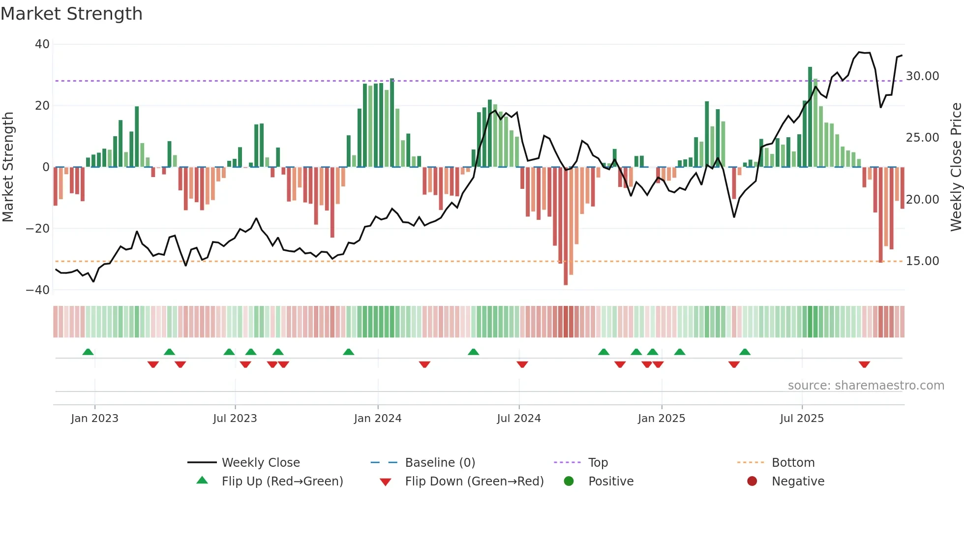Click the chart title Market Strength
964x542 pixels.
pos(71,14)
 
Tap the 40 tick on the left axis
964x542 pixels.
pos(42,44)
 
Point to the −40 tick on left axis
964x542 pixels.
pos(38,290)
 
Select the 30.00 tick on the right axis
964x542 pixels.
pos(922,76)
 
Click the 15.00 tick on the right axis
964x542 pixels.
pos(922,261)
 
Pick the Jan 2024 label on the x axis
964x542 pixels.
pos(377,419)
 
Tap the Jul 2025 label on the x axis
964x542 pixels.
pos(801,419)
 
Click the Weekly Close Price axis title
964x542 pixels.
pos(956,167)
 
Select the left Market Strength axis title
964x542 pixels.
pos(8,167)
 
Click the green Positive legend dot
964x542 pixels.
pos(569,482)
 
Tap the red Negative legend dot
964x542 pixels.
pos(752,482)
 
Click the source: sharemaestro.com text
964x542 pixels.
pos(866,386)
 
